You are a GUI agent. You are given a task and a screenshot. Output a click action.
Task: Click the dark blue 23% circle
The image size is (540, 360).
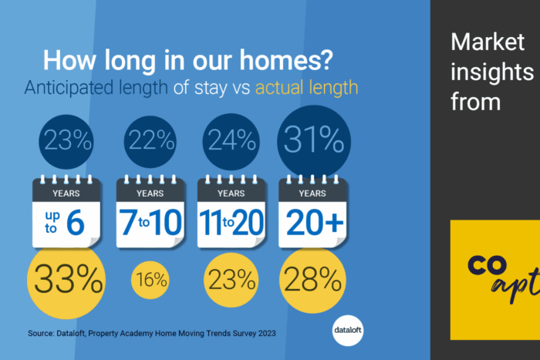point(66,142)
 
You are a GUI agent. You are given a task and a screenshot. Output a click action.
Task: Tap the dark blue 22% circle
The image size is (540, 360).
point(150,142)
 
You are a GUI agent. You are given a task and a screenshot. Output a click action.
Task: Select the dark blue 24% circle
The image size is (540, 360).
point(231,142)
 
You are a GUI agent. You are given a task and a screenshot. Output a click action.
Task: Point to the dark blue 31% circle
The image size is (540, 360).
point(314,142)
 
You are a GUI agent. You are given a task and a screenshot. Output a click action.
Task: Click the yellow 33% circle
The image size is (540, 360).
point(66,280)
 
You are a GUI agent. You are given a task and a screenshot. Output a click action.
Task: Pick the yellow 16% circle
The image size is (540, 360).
point(150,280)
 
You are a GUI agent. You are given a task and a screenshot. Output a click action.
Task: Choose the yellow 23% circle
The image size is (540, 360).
point(231,280)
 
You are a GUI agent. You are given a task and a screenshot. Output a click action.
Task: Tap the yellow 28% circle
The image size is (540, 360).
point(312,280)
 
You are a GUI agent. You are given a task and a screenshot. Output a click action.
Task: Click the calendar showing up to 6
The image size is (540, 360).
point(66,211)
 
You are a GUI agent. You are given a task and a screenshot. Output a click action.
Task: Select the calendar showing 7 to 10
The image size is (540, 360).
point(150,211)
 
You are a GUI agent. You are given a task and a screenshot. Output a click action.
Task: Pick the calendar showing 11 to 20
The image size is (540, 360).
point(231,211)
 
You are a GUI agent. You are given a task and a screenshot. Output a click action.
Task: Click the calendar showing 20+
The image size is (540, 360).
point(312,211)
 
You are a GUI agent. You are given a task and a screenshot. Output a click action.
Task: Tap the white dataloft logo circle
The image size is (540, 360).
point(348,331)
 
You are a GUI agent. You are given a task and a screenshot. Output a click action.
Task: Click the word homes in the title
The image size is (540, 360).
point(286,60)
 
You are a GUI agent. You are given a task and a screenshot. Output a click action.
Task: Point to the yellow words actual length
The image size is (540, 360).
point(306,88)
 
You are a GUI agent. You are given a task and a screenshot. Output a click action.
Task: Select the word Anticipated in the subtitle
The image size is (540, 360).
point(69,88)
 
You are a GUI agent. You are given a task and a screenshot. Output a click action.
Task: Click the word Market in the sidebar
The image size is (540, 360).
point(488,42)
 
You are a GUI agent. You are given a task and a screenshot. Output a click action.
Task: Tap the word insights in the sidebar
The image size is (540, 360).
point(492,72)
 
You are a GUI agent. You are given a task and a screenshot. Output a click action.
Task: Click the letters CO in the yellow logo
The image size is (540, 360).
point(487,265)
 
